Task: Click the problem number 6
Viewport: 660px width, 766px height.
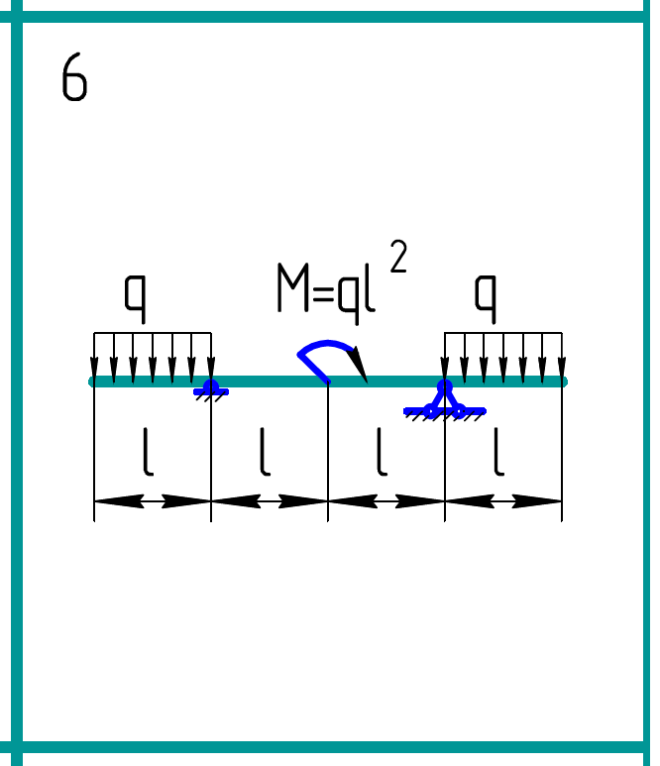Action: pyautogui.click(x=74, y=78)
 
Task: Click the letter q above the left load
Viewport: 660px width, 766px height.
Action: pyautogui.click(x=136, y=294)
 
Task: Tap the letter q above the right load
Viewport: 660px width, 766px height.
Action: pyautogui.click(x=485, y=294)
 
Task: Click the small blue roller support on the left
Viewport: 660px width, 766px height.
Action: pyautogui.click(x=210, y=388)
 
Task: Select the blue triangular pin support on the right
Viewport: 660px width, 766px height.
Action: pyautogui.click(x=444, y=399)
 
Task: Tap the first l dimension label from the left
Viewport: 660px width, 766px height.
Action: pyautogui.click(x=147, y=453)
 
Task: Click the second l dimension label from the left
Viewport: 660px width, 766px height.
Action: pyautogui.click(x=264, y=453)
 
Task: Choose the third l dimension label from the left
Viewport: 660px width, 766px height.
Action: pyautogui.click(x=381, y=453)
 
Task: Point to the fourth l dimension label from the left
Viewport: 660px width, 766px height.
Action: pyautogui.click(x=497, y=453)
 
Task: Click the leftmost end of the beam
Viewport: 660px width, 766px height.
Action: pyautogui.click(x=93, y=382)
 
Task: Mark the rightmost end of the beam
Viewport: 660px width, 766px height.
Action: pyautogui.click(x=563, y=382)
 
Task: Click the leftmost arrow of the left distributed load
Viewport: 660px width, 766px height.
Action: pyautogui.click(x=94, y=357)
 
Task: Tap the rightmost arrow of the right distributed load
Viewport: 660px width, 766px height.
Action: pyautogui.click(x=562, y=357)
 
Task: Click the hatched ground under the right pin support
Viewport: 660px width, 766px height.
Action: pyautogui.click(x=444, y=415)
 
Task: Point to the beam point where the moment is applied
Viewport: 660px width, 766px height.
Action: pyautogui.click(x=328, y=382)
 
